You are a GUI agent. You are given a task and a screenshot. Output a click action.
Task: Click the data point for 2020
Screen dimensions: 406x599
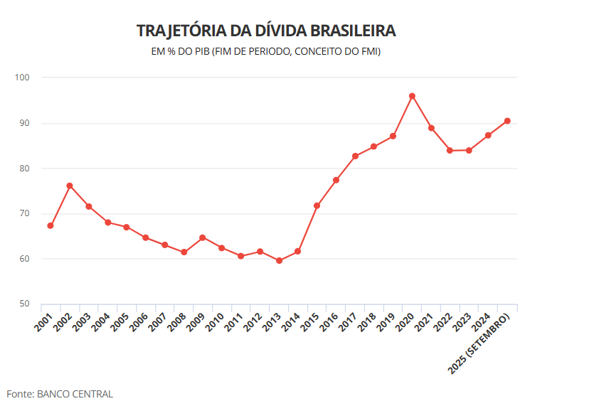412,96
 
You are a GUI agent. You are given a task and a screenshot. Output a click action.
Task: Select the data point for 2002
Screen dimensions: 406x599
70,186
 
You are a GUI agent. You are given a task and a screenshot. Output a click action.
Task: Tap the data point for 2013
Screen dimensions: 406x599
279,260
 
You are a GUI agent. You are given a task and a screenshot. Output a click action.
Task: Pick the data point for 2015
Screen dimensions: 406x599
317,205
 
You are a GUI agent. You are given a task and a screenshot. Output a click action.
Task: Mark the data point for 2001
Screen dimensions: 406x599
51,225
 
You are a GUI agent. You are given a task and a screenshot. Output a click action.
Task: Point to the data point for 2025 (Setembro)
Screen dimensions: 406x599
507,121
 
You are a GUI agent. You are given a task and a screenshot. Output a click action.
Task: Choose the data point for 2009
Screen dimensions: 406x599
203,237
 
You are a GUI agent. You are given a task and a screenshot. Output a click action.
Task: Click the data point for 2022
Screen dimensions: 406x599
450,150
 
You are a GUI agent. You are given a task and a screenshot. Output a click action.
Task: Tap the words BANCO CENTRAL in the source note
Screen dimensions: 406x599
75,394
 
